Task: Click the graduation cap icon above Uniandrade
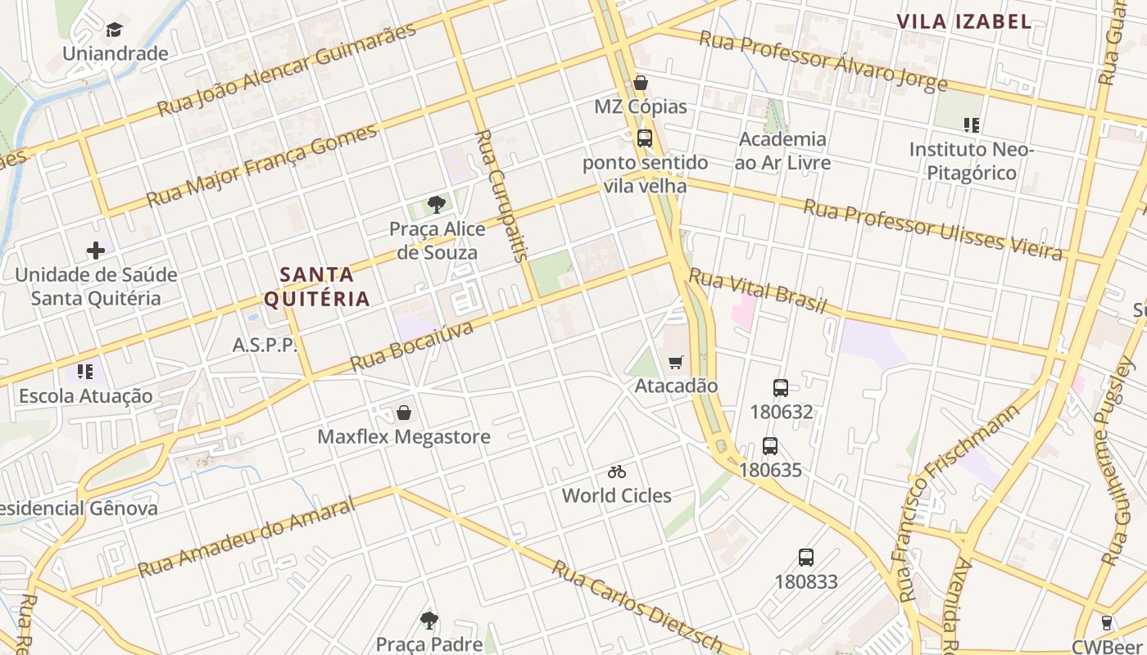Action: [x=114, y=30]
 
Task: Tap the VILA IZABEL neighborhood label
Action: [x=963, y=22]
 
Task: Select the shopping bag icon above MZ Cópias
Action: [x=641, y=83]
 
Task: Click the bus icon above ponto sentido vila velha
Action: [x=645, y=138]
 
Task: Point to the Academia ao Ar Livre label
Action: [x=782, y=151]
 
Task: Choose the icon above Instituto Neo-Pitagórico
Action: [x=972, y=125]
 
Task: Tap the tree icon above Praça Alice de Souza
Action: [x=437, y=205]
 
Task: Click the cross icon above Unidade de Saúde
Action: [x=96, y=250]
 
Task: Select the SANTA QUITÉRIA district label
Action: [x=317, y=286]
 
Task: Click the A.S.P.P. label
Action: [x=265, y=345]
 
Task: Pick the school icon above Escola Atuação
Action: [x=85, y=372]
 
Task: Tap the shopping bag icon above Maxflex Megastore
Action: [x=403, y=412]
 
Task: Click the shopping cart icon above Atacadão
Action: [x=676, y=362]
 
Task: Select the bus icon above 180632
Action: [x=781, y=388]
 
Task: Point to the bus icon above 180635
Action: [x=770, y=446]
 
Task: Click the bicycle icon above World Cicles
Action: [x=617, y=472]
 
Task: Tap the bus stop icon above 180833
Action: [x=806, y=558]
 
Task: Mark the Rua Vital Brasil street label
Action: [x=758, y=291]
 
